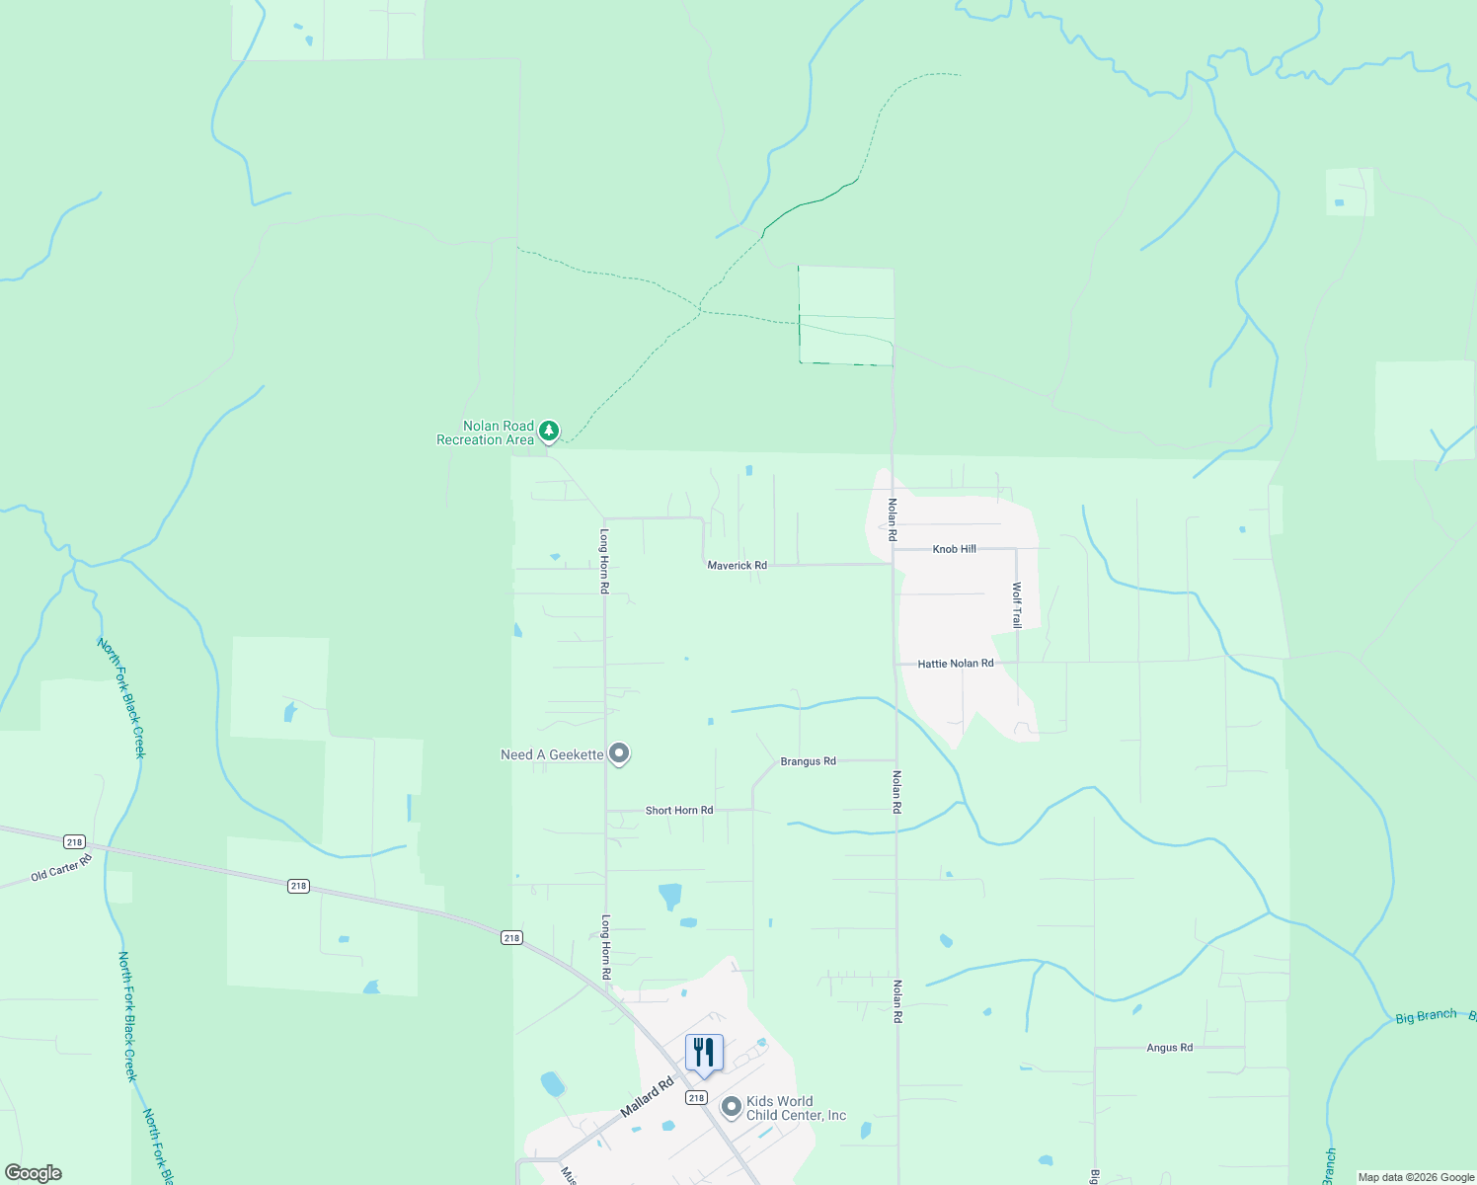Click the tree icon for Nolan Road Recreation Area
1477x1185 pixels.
click(549, 431)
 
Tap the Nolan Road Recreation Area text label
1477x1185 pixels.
click(486, 434)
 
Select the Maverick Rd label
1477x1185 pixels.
click(737, 566)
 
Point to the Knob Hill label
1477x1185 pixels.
click(954, 549)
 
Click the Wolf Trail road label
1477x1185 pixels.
click(1016, 604)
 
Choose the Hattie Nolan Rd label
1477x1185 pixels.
click(955, 664)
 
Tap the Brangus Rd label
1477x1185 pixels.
click(808, 761)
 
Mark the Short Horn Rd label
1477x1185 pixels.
click(678, 811)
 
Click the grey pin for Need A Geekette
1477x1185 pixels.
click(619, 753)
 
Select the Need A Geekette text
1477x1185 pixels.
click(551, 755)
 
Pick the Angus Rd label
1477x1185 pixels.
click(1169, 1048)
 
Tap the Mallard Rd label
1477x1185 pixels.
click(647, 1097)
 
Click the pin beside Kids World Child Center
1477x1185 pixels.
click(732, 1107)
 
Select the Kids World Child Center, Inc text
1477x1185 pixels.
click(796, 1108)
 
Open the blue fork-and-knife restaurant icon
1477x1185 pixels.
click(704, 1054)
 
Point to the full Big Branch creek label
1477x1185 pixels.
click(1426, 1016)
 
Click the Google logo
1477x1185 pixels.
click(34, 1173)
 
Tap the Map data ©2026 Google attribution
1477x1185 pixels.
click(1416, 1177)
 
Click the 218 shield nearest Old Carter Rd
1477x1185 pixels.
click(74, 841)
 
